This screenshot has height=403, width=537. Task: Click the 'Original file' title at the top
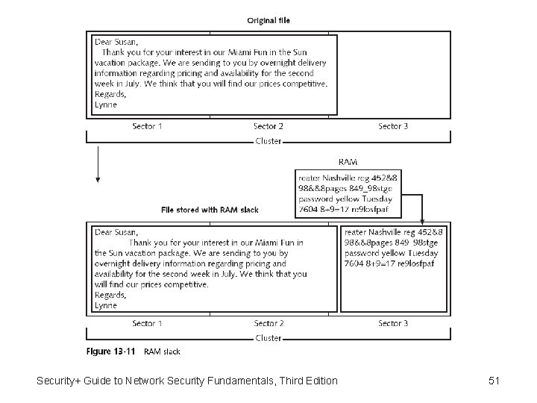tap(268, 20)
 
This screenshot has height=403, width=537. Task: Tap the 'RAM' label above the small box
tap(348, 161)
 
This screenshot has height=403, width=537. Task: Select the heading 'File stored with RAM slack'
tap(210, 210)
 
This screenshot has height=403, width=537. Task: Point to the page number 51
tap(493, 381)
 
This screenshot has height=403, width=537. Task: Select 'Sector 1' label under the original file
tap(147, 126)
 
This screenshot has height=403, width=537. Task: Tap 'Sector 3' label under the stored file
tap(393, 323)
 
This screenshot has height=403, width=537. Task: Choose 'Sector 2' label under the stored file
tap(268, 323)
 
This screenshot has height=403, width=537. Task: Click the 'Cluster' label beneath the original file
tap(268, 141)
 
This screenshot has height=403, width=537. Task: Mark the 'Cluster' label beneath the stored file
tap(268, 338)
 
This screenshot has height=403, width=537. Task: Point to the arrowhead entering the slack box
tap(423, 220)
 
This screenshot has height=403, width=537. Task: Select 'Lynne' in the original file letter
tap(106, 104)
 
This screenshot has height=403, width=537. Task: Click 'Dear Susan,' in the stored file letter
tap(116, 232)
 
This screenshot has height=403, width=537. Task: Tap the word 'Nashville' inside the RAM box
tap(343, 178)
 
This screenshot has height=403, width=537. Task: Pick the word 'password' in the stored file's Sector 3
tap(362, 253)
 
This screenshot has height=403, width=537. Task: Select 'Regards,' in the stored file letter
tap(110, 295)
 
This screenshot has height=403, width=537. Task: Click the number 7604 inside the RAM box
tap(309, 209)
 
